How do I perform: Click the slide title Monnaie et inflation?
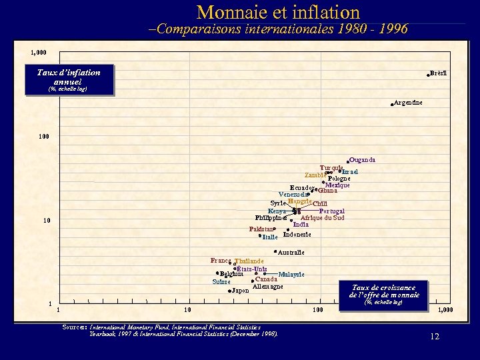pos(279,12)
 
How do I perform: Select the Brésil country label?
pos(438,73)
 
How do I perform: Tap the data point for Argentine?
pos(392,104)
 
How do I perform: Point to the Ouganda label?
pos(363,160)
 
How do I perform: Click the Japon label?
pos(240,291)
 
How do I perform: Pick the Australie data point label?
pos(291,253)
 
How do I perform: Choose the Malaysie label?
pos(291,274)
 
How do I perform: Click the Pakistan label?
pos(261,229)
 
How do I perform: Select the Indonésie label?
pos(297,235)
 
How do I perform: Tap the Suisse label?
pos(221,282)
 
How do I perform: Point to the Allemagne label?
pos(268,287)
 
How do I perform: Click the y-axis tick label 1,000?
pos(39,52)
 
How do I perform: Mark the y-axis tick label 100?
pos(44,137)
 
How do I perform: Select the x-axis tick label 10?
pos(187,310)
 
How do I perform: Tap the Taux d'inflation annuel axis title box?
pos(68,79)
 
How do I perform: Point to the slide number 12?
pos(435,337)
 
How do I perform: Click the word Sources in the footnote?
pos(74,327)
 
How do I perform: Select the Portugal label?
pos(331,211)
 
